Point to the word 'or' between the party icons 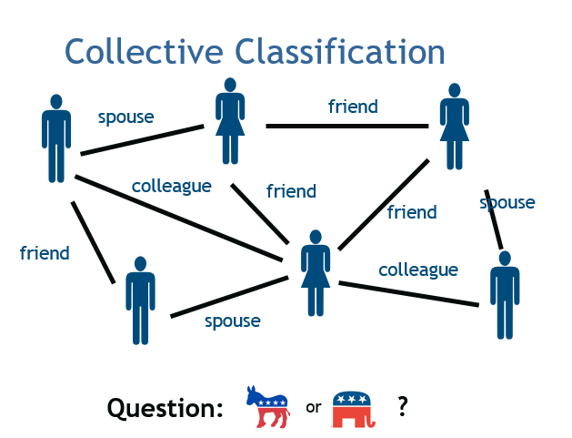[313, 407]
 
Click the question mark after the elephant [402, 406]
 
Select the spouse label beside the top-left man [125, 117]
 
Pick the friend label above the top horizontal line [353, 107]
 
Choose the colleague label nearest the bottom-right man [417, 270]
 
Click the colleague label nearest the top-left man [171, 186]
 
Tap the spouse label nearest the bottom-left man [232, 321]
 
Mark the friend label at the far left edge [45, 253]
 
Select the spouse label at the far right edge [507, 202]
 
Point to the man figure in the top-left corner [56, 137]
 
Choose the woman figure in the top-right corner [453, 126]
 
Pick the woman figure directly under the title [229, 120]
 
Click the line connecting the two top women [346, 126]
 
